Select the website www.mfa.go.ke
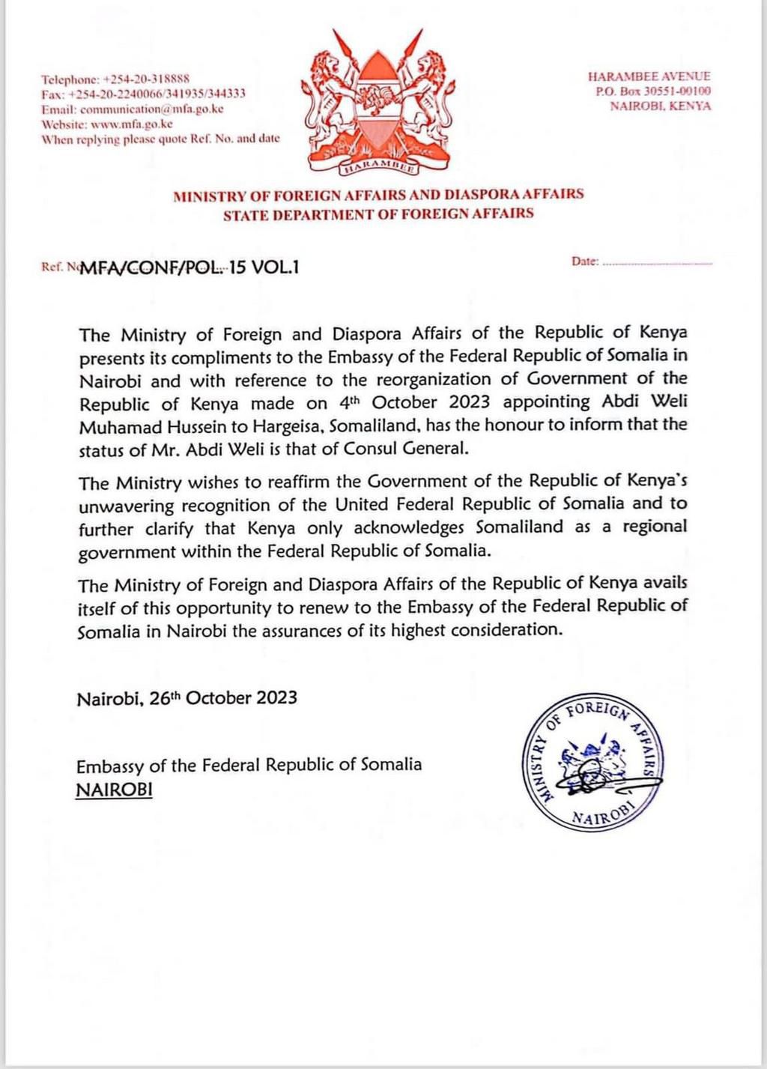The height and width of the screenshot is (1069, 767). coord(132,124)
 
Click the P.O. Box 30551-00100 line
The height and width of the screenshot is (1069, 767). coord(653,91)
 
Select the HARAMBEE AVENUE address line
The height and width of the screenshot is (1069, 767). coord(649,76)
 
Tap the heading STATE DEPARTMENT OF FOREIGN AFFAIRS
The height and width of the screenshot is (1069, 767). coord(378,214)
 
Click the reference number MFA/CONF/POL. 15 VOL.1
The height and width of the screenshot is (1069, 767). coord(189,267)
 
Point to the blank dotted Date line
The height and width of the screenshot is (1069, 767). coord(658,262)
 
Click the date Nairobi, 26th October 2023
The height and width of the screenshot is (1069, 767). coord(187,698)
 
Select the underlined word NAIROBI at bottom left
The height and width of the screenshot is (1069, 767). coord(114,790)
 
